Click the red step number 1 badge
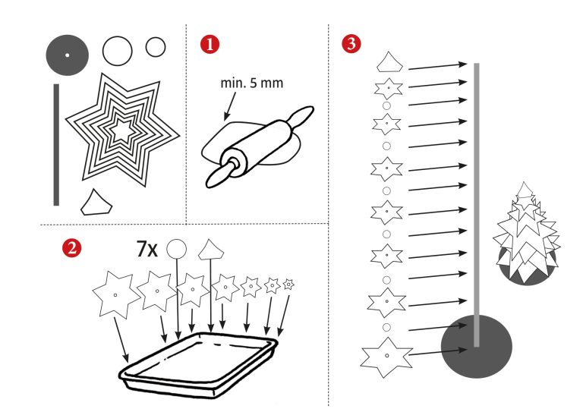point(210,44)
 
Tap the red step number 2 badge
point(72,248)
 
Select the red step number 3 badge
point(351,43)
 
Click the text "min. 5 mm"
point(252,83)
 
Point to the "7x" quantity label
point(147,249)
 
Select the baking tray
point(198,365)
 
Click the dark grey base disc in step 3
point(476,347)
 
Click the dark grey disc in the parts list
point(68,55)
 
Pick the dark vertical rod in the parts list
point(56,144)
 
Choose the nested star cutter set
point(122,130)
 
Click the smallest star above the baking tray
point(288,285)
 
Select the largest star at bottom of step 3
point(386,357)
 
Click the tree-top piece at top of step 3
point(389,62)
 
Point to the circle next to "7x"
point(176,249)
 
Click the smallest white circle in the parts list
point(156,47)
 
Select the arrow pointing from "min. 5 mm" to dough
point(230,107)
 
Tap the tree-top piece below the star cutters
point(96,203)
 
